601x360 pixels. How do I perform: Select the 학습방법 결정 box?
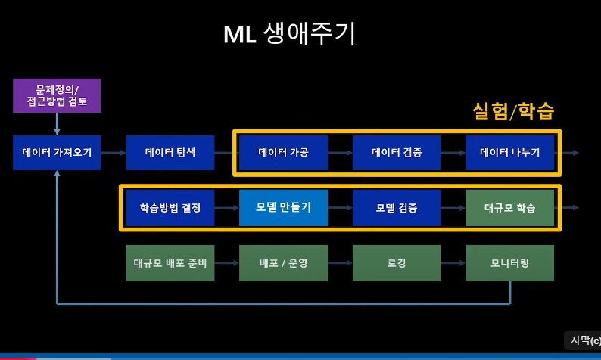point(170,207)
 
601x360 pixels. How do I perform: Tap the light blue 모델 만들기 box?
point(283,207)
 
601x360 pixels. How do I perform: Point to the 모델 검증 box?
point(397,207)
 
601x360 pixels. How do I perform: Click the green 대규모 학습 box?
point(509,207)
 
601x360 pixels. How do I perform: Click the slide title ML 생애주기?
point(289,34)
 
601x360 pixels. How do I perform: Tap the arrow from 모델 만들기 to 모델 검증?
point(340,207)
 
